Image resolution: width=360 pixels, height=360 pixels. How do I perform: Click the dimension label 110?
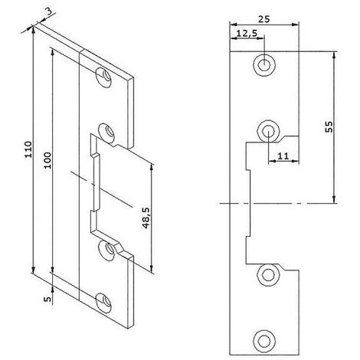pyautogui.click(x=28, y=149)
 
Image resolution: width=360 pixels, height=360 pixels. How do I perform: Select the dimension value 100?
pyautogui.click(x=47, y=160)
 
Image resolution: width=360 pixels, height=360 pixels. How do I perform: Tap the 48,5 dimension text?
pyautogui.click(x=146, y=218)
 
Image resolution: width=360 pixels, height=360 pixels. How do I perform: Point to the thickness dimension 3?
pyautogui.click(x=49, y=12)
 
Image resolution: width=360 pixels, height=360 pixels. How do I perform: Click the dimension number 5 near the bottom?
pyautogui.click(x=48, y=299)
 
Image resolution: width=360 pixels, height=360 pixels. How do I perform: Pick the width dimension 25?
pyautogui.click(x=263, y=19)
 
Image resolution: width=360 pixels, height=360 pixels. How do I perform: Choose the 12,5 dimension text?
pyautogui.click(x=247, y=34)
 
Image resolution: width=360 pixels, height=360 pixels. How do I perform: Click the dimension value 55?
pyautogui.click(x=329, y=127)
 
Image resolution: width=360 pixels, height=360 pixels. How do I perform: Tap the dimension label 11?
pyautogui.click(x=283, y=155)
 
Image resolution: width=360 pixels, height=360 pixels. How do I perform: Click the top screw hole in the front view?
pyautogui.click(x=264, y=65)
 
